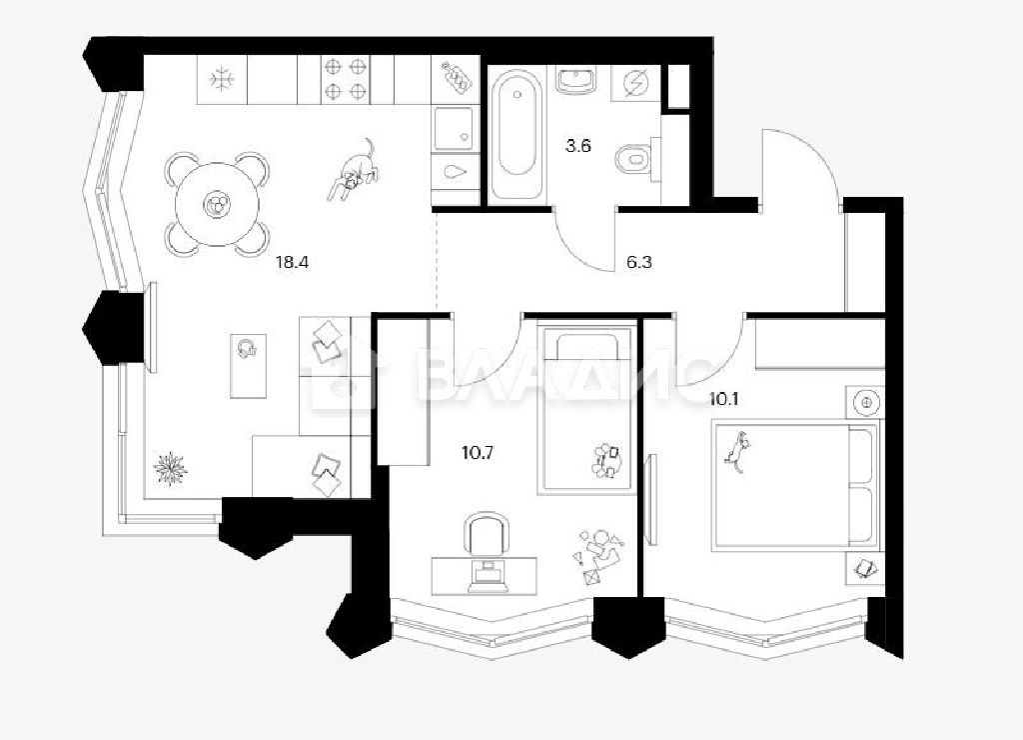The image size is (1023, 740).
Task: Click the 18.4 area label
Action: tap(291, 263)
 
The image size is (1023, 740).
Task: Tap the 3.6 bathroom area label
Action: tap(577, 146)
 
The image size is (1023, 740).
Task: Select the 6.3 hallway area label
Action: tap(638, 263)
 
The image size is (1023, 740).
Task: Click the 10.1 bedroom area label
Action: tap(723, 398)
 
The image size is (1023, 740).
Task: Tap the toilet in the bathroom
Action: tap(636, 157)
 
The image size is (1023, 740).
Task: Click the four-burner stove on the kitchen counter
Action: tap(345, 78)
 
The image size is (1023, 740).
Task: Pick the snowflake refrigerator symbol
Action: tap(223, 79)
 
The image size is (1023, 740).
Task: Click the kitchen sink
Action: tap(453, 128)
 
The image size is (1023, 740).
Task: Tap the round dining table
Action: tap(217, 204)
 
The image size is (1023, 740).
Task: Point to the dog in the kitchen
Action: tap(353, 171)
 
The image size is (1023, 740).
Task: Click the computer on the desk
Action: tap(485, 576)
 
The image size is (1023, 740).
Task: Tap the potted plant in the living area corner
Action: tap(170, 468)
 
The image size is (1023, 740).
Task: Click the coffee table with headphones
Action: tap(248, 366)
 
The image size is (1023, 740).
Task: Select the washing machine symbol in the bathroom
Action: tap(632, 83)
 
